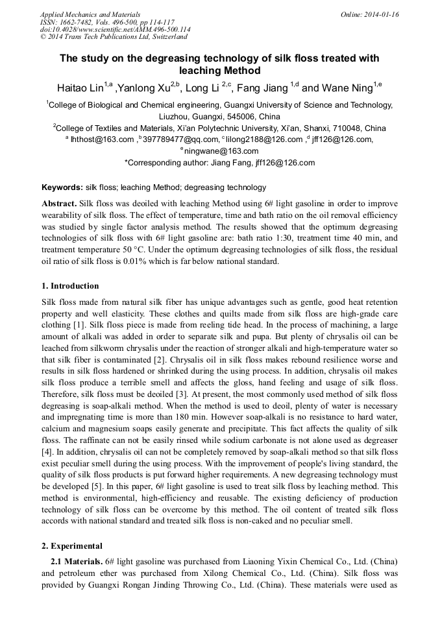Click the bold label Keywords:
coord(62,187)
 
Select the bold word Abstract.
coord(59,203)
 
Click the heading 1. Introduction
coord(70,286)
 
